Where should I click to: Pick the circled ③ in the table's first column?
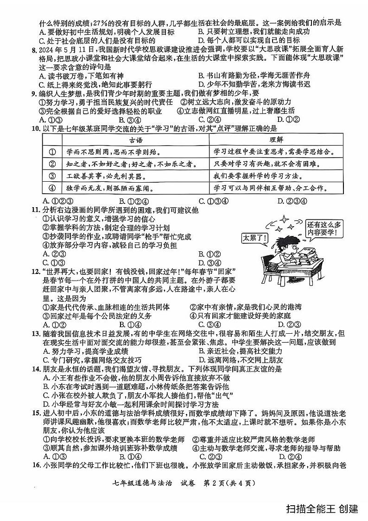pos(52,176)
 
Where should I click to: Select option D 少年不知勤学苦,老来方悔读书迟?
pos(253,84)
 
